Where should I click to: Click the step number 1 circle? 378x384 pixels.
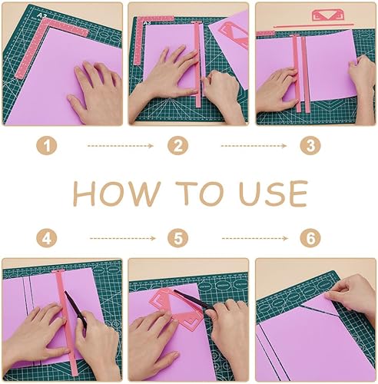(47, 146)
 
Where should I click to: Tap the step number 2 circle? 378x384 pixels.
(178, 146)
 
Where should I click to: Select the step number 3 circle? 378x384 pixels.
(310, 146)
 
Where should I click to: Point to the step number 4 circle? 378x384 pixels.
(47, 239)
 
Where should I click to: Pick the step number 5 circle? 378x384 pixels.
(178, 239)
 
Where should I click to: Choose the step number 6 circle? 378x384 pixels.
(310, 239)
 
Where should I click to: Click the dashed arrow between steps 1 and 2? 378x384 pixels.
(121, 146)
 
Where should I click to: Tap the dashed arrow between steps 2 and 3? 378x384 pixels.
(254, 146)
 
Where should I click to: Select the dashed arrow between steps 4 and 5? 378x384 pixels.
(123, 239)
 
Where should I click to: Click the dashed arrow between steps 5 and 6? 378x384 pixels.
(255, 239)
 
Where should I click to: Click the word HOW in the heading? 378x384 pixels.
(117, 194)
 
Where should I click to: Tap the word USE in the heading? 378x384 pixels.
(274, 194)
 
